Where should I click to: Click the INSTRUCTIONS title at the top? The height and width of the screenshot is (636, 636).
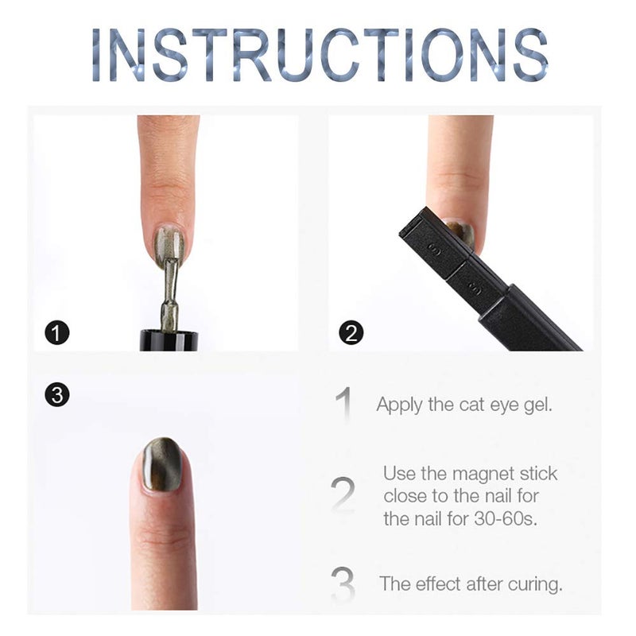click(319, 55)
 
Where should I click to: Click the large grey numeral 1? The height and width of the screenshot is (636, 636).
click(343, 405)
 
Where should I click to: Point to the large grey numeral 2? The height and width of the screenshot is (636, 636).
click(343, 494)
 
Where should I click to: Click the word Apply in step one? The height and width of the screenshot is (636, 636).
click(399, 405)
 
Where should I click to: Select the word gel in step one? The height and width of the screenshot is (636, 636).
click(537, 405)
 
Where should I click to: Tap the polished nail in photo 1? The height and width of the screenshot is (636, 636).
click(169, 245)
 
